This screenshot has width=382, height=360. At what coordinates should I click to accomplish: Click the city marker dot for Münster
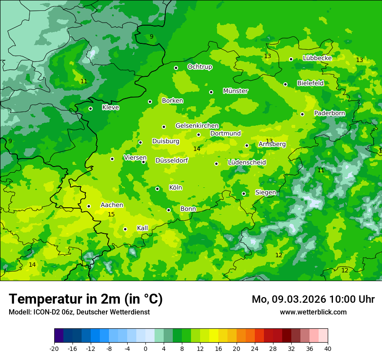(211, 92)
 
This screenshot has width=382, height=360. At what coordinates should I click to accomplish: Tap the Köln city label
(175, 188)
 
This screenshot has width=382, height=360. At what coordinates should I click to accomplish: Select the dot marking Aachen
(89, 206)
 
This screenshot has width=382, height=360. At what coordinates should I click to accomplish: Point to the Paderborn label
(329, 113)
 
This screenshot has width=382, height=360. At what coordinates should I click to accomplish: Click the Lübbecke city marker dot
(291, 59)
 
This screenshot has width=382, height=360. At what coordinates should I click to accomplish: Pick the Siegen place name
(265, 192)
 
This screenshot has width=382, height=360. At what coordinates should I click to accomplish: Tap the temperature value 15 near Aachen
(111, 215)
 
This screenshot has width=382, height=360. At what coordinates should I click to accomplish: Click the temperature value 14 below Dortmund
(197, 149)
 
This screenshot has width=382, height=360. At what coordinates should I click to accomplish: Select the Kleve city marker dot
(90, 109)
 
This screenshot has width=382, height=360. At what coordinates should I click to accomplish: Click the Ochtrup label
(200, 67)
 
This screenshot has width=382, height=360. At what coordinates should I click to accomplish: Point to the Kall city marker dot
(125, 229)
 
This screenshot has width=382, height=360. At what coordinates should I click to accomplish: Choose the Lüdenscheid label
(247, 163)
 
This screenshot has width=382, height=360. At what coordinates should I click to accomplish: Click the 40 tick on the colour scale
(328, 348)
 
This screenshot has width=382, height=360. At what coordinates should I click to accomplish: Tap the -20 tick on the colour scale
(54, 348)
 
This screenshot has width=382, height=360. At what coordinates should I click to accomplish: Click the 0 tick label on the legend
(145, 348)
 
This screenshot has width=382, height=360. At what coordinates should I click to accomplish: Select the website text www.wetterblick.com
(313, 312)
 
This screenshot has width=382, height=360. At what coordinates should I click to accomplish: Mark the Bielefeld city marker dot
(285, 84)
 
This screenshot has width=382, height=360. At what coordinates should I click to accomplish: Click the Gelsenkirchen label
(197, 126)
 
